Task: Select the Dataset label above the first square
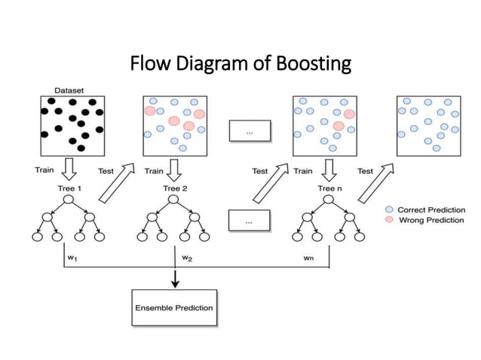[x=68, y=89]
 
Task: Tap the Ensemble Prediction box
[x=174, y=307]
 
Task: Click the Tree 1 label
[x=68, y=188]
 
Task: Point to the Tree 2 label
[x=175, y=188]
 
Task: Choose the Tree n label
[x=329, y=188]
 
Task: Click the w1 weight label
[x=72, y=257]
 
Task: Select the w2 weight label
[x=187, y=257]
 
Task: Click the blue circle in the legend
[x=389, y=209]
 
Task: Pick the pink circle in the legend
[x=389, y=220]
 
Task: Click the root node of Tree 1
[x=68, y=200]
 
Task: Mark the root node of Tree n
[x=329, y=200]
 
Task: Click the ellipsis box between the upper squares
[x=249, y=133]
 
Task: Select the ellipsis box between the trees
[x=249, y=221]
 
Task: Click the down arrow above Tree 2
[x=175, y=169]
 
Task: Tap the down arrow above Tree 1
[x=68, y=169]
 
